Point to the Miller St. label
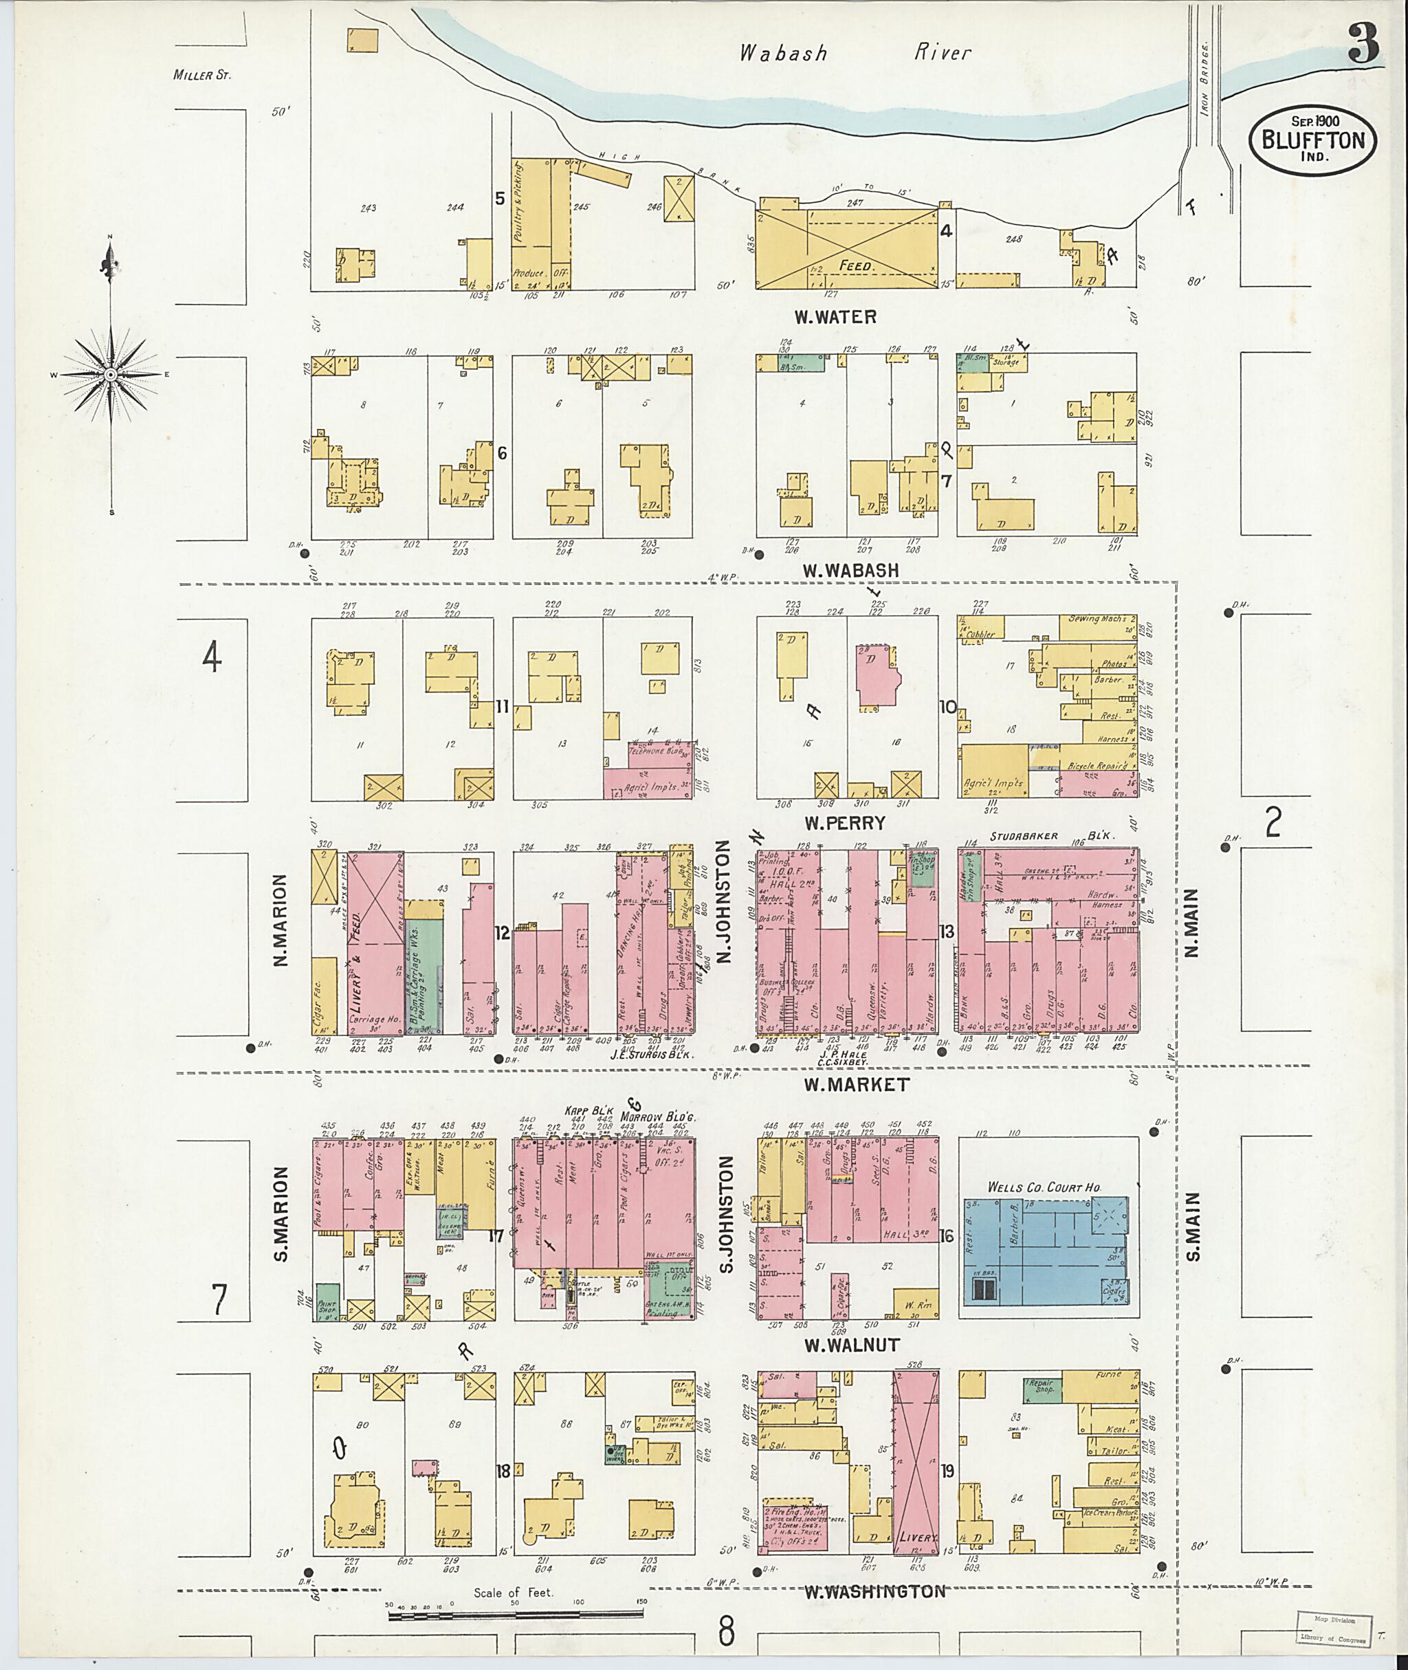(201, 76)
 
